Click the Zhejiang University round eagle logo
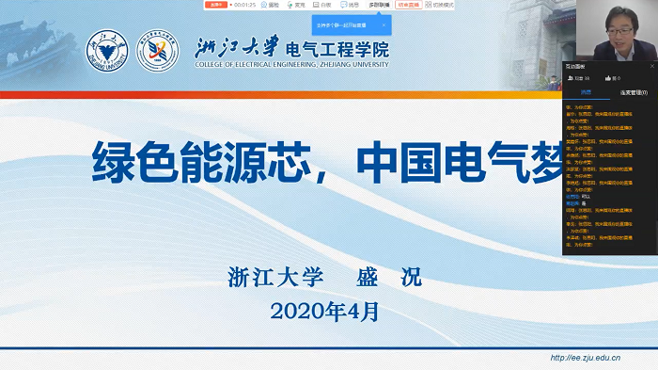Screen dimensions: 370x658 click(x=106, y=53)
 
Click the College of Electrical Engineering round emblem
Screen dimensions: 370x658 click(x=157, y=53)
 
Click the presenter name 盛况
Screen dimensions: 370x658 click(x=389, y=279)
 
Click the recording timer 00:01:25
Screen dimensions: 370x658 click(x=244, y=5)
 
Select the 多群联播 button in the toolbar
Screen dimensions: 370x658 click(x=380, y=5)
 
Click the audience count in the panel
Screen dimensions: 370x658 click(x=581, y=78)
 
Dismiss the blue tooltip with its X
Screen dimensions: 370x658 click(x=383, y=25)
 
